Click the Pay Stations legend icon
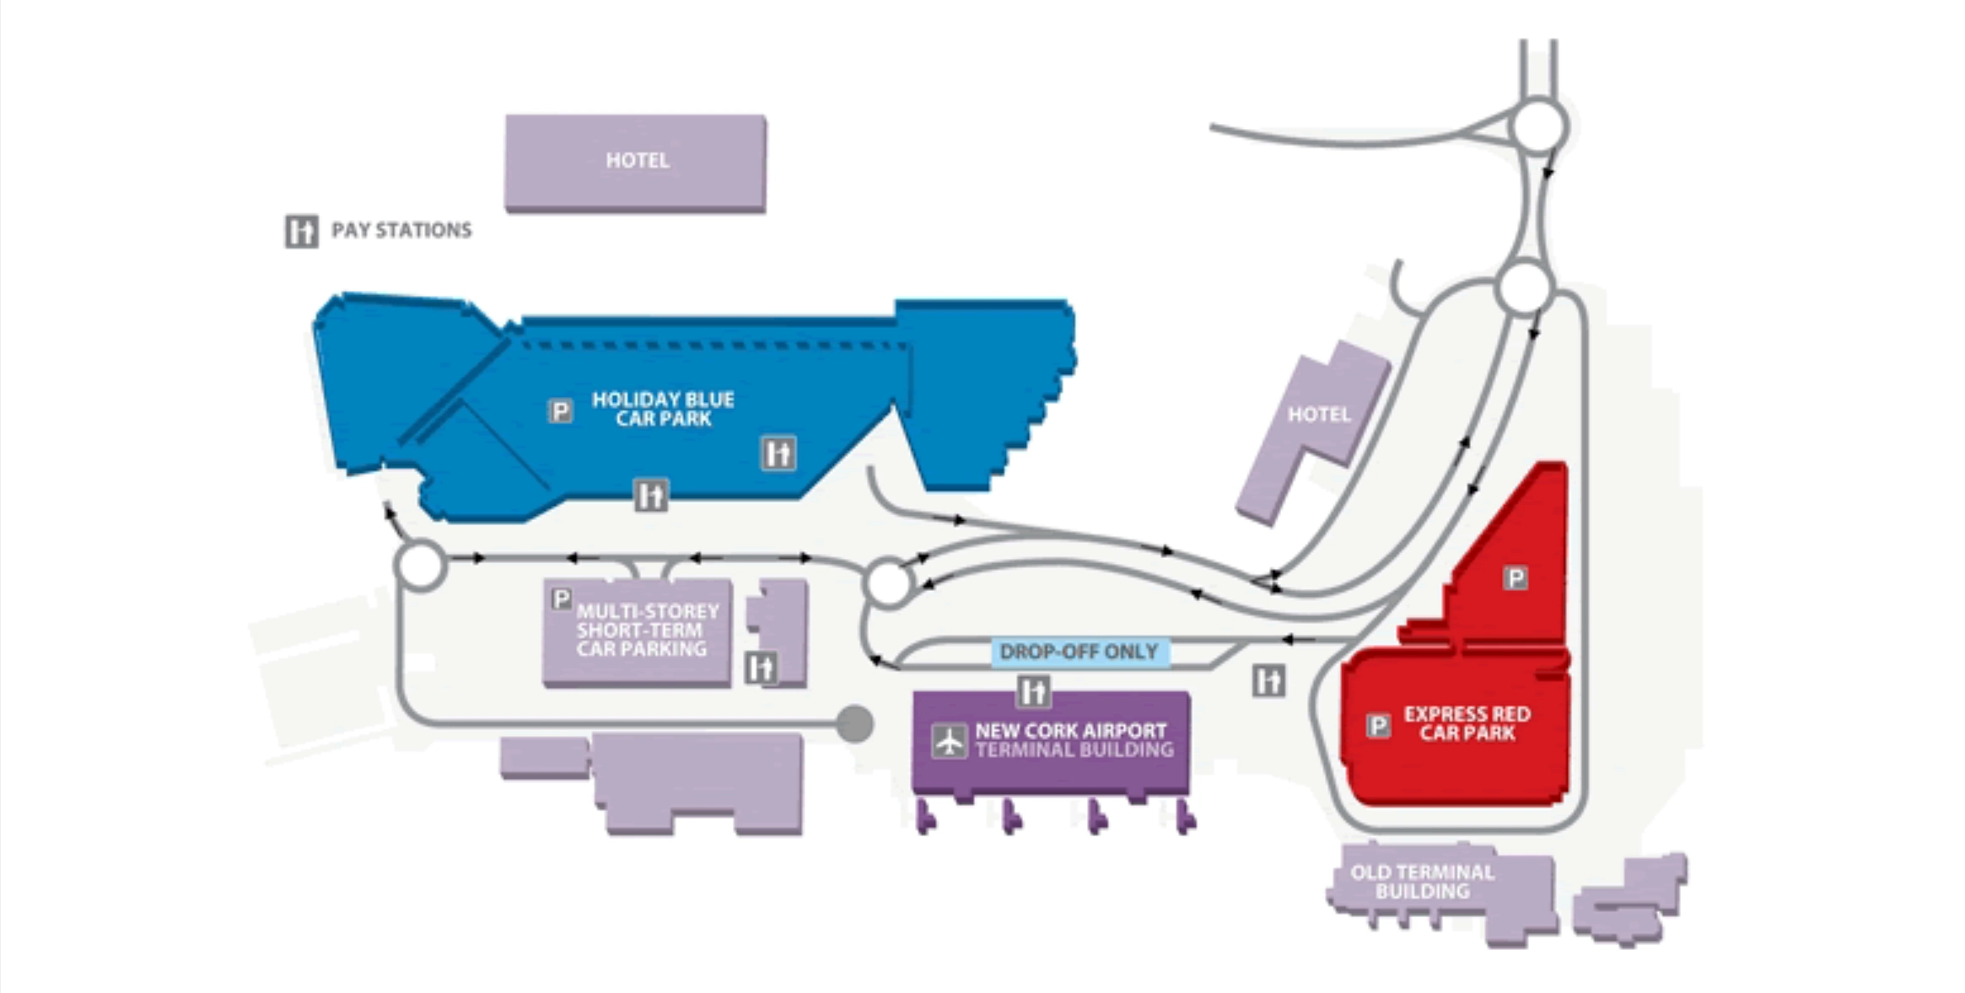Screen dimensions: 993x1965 point(301,231)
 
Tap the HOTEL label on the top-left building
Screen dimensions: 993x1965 point(637,160)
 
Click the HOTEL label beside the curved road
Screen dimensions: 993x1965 point(1318,414)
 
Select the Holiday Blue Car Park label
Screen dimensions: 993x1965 point(663,409)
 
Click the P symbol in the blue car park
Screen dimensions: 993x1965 point(560,411)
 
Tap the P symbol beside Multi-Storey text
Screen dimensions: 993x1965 point(561,598)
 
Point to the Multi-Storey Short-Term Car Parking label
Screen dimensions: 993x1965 point(647,630)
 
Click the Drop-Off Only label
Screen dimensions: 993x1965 point(1078,652)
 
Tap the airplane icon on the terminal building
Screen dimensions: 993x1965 point(949,741)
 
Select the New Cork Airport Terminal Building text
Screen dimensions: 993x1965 point(1073,740)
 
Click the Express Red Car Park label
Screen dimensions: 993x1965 point(1466,723)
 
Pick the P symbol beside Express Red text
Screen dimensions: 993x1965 point(1378,725)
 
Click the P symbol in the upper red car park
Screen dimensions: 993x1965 point(1515,578)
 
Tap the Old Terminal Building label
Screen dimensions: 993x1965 point(1422,882)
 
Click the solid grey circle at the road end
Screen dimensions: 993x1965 point(854,724)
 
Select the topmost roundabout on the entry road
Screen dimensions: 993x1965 point(1540,127)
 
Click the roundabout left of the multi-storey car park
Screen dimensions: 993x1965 point(420,565)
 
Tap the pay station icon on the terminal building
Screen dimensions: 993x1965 point(1034,691)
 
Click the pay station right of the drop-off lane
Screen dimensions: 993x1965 point(1268,681)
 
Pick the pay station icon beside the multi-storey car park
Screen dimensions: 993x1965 point(761,668)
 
